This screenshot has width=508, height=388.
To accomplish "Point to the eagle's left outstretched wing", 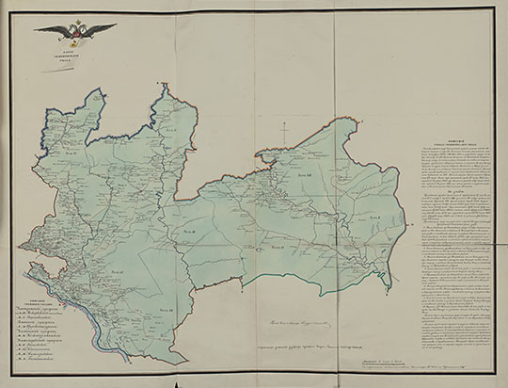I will point(52,30).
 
